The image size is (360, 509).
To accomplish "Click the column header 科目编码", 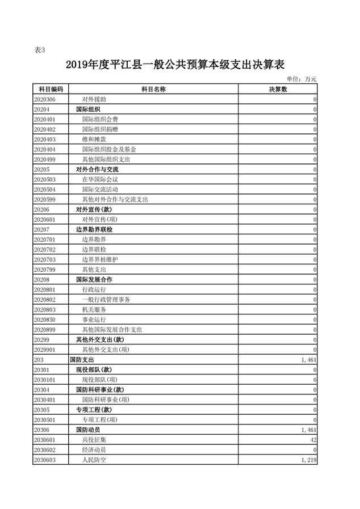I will pos(50,90).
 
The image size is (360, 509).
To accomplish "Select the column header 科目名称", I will pos(153,90).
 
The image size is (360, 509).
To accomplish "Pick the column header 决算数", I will pos(278,90).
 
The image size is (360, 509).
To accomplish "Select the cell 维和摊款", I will pos(94,140).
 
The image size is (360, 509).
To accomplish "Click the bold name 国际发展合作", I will pos(94,280).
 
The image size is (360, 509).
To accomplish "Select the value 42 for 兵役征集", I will pos(312,440).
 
